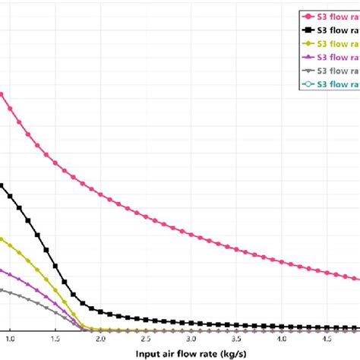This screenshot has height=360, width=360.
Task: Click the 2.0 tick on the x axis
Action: [x=100, y=337]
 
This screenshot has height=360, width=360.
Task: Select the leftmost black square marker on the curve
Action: [x=2, y=185]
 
